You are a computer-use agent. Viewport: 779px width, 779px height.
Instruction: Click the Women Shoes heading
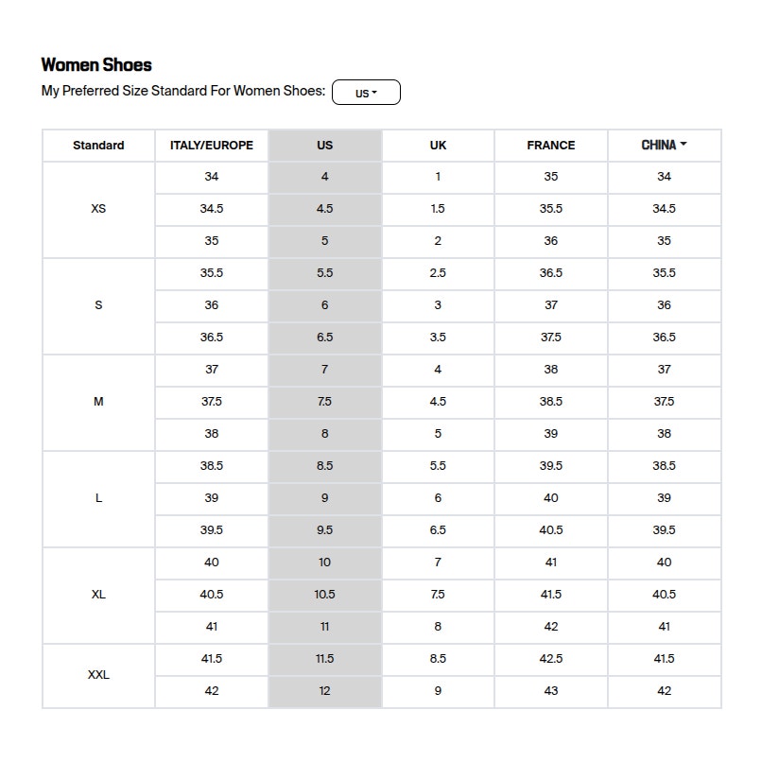click(96, 65)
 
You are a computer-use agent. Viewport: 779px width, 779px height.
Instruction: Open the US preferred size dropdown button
click(366, 93)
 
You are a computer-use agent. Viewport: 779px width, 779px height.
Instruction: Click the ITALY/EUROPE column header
click(212, 146)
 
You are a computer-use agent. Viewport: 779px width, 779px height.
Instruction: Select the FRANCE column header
click(551, 146)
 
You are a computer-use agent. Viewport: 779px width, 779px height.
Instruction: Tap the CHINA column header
click(664, 146)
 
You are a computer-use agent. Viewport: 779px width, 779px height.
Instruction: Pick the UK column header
click(438, 146)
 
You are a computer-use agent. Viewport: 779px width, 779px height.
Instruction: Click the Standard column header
click(98, 146)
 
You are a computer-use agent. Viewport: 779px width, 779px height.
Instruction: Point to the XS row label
click(98, 209)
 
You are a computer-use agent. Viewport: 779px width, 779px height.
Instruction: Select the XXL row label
click(98, 675)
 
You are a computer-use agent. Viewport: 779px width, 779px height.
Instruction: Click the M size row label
click(98, 402)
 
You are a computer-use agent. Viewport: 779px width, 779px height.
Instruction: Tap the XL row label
click(98, 595)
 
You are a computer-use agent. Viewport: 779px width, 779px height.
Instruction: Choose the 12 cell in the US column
click(325, 691)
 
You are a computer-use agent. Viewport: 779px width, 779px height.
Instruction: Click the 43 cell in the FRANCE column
click(551, 691)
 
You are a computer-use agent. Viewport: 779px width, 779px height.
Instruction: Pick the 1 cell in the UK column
click(438, 177)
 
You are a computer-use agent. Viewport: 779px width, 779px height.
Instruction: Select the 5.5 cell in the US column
click(325, 273)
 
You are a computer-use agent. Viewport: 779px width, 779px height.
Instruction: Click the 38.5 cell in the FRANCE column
click(551, 402)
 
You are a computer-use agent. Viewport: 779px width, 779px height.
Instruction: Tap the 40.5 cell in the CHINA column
click(664, 595)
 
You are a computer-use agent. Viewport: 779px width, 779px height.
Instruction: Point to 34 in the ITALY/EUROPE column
click(212, 177)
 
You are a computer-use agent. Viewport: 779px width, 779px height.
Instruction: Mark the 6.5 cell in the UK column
click(438, 530)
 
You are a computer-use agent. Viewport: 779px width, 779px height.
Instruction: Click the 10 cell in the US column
click(325, 563)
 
